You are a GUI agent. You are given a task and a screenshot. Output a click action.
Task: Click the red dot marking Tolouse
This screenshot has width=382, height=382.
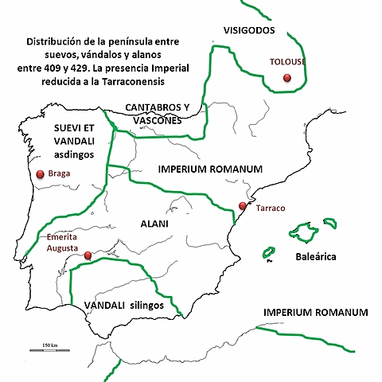pos(287,78)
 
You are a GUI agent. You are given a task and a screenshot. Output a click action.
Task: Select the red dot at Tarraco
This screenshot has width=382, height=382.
pos(243,206)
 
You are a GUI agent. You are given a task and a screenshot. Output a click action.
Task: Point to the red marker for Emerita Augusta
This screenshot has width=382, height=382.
pos(88,255)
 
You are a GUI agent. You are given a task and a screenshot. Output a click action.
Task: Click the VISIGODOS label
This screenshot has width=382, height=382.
pos(248,31)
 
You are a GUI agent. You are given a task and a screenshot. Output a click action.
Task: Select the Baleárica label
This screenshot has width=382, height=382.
pos(316,257)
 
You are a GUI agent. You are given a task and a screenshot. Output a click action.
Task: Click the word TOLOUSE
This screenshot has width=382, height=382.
pos(288,61)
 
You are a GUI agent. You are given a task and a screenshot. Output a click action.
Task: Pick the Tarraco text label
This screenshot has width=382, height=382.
pos(271,209)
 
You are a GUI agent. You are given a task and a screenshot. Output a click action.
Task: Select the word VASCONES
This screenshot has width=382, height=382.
pos(157,120)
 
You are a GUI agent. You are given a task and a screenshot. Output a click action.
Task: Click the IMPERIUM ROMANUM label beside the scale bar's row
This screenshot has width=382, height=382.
pos(315,312)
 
